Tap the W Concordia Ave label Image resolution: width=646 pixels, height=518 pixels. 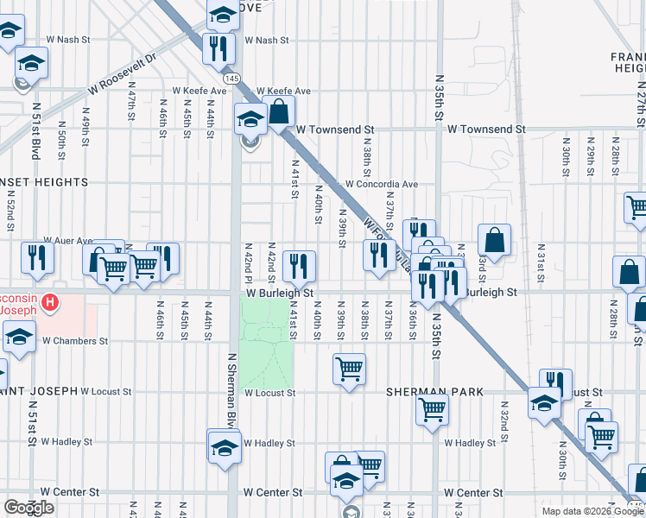coord(381,184)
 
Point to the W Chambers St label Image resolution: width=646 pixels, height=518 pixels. coord(77,341)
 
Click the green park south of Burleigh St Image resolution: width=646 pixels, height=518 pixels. coord(266,341)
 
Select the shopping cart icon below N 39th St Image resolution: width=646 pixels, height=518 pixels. coord(349,370)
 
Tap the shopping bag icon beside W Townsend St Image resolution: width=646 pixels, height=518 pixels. coord(279,111)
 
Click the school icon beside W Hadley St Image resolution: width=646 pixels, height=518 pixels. coord(224,446)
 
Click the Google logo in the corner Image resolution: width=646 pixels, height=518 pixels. coord(28,508)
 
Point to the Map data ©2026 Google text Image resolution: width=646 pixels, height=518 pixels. coord(592,511)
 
